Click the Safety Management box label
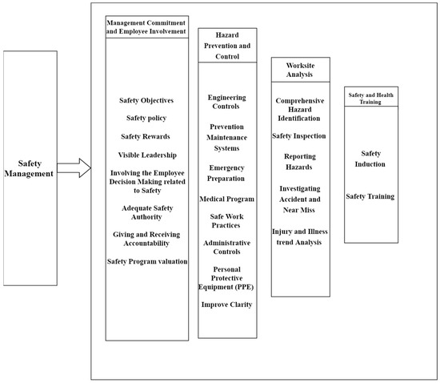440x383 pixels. [30, 166]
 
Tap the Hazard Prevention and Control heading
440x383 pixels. [229, 46]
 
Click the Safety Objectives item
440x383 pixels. [146, 100]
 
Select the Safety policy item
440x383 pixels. [146, 118]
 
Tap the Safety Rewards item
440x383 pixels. [146, 135]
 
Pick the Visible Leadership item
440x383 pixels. [146, 154]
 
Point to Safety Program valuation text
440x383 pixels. [146, 261]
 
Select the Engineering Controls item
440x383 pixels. [227, 102]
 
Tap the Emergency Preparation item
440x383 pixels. [228, 172]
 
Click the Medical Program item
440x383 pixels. [228, 198]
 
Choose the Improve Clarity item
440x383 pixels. [228, 304]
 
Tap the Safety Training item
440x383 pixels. [370, 196]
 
